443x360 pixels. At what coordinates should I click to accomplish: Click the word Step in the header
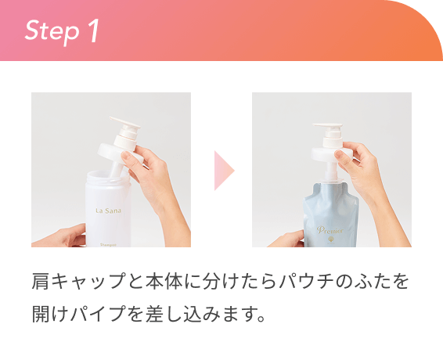coord(52,31)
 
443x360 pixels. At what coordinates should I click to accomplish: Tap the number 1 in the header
coord(93,30)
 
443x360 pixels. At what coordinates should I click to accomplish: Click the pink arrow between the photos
coord(225,171)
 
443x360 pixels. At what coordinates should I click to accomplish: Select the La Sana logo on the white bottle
coord(109,211)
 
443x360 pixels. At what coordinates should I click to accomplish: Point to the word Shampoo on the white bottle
coord(108,245)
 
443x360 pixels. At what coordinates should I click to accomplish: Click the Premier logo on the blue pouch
coord(330,230)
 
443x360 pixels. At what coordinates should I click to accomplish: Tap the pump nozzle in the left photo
coord(124,123)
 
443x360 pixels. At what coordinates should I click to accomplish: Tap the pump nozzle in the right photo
coord(328,125)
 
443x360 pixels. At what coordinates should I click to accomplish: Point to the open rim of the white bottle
coord(108,177)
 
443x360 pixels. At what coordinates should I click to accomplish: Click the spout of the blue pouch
coord(330,180)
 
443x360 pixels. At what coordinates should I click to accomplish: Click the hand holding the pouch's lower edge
coord(286,239)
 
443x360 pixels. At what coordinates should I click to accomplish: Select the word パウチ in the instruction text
coord(307,281)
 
